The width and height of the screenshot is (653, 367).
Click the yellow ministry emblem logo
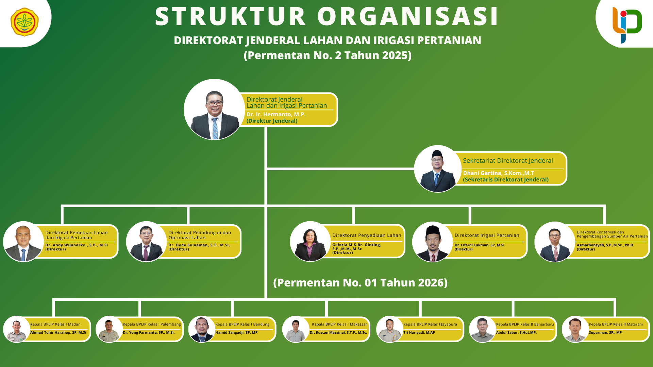(x=24, y=22)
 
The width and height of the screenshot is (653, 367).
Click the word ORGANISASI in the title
(x=408, y=16)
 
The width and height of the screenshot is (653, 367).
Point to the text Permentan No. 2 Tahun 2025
(x=328, y=55)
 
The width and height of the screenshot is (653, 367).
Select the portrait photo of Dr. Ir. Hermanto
(x=214, y=109)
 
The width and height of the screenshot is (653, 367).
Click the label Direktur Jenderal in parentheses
(x=272, y=121)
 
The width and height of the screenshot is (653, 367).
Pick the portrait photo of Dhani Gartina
(x=438, y=169)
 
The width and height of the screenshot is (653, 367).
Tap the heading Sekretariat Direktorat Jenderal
(x=508, y=160)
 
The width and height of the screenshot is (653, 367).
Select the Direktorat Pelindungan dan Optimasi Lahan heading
(x=200, y=235)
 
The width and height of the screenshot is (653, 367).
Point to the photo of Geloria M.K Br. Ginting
(x=310, y=242)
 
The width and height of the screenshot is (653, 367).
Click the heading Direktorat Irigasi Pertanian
(x=487, y=235)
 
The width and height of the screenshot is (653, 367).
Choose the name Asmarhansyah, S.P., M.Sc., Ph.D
(x=605, y=245)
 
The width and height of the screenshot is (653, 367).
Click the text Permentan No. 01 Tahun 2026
(x=360, y=282)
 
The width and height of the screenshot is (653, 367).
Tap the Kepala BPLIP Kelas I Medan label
(x=55, y=324)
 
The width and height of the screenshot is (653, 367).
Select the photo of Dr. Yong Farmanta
(x=109, y=329)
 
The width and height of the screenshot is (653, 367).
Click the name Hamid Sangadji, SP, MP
(x=236, y=332)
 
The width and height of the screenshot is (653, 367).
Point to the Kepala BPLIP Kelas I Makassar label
(x=339, y=324)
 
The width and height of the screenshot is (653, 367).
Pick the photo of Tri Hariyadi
(x=390, y=329)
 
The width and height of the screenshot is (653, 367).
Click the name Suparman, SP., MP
(x=605, y=332)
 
